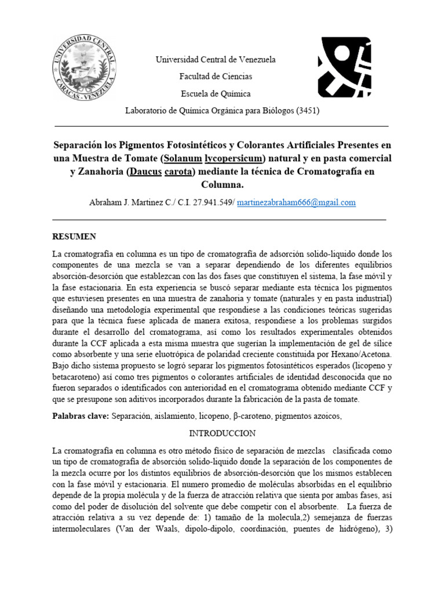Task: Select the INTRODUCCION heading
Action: (222, 433)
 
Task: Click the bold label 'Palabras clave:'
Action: (81, 416)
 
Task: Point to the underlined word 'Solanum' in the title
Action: (181, 158)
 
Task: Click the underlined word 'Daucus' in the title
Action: (145, 172)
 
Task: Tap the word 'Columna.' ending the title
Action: (222, 185)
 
